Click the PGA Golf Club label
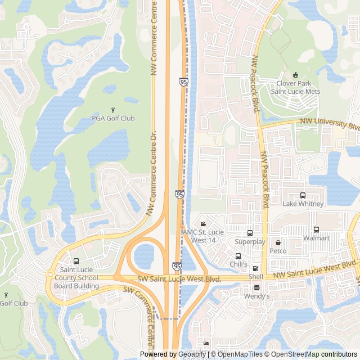[113, 118]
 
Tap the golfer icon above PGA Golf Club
[113, 109]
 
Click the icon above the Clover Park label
[295, 75]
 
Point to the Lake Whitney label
[303, 204]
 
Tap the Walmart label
[316, 238]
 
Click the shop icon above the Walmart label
[316, 229]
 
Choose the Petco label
[278, 250]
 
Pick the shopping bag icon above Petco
[278, 241]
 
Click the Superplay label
[250, 241]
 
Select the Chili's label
[238, 264]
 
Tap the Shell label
[256, 277]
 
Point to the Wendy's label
[257, 296]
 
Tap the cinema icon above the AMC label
[203, 224]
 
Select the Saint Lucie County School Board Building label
[76, 278]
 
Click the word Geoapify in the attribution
[191, 354]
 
